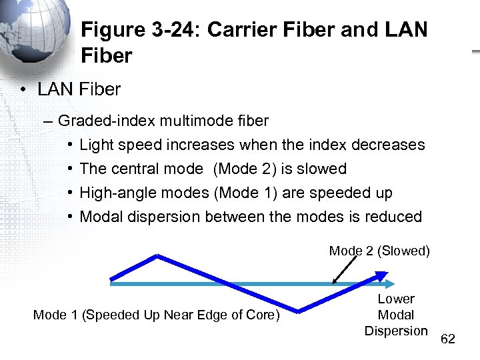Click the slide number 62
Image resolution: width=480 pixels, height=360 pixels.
pyautogui.click(x=448, y=339)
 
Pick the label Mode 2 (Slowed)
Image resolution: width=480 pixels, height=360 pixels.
pyautogui.click(x=379, y=251)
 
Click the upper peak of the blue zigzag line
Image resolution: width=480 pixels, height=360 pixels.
pyautogui.click(x=157, y=256)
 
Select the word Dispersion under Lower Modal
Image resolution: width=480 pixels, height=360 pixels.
pyautogui.click(x=396, y=331)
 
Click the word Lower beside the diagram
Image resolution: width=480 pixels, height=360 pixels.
pyautogui.click(x=396, y=299)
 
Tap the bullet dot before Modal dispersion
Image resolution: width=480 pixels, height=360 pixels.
pyautogui.click(x=70, y=217)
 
